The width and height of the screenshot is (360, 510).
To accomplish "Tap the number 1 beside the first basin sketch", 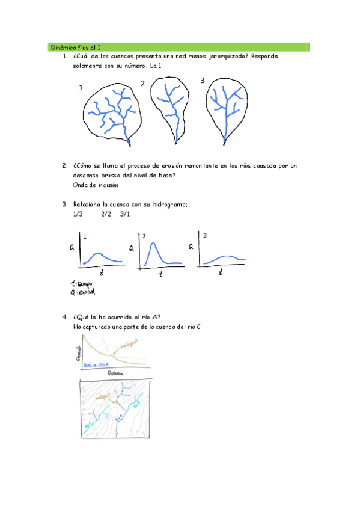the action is (x=81, y=88).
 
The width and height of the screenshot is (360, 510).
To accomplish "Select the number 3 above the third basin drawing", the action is (x=202, y=81).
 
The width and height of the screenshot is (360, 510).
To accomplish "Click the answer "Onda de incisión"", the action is (x=95, y=185).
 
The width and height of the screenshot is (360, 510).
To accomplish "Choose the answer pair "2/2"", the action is (x=106, y=214).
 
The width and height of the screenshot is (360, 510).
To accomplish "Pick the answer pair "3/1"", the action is (x=125, y=214).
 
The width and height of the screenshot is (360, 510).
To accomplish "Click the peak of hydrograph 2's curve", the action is (x=154, y=243).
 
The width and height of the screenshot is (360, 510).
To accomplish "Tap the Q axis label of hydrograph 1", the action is (x=72, y=247).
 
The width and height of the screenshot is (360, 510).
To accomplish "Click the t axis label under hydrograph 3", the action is (x=221, y=272).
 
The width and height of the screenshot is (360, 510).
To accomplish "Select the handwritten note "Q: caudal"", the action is (x=83, y=293).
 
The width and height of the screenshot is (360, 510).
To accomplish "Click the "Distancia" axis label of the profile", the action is (x=116, y=373).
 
